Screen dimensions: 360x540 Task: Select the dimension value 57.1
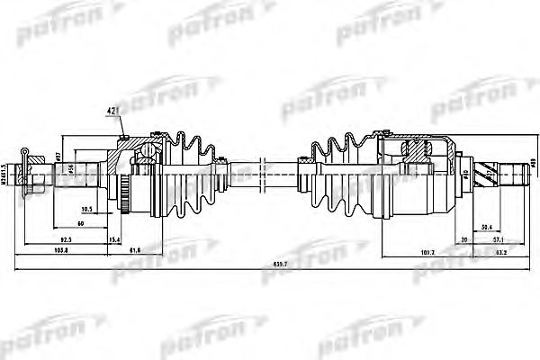498,240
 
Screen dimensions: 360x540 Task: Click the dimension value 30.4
486,227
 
